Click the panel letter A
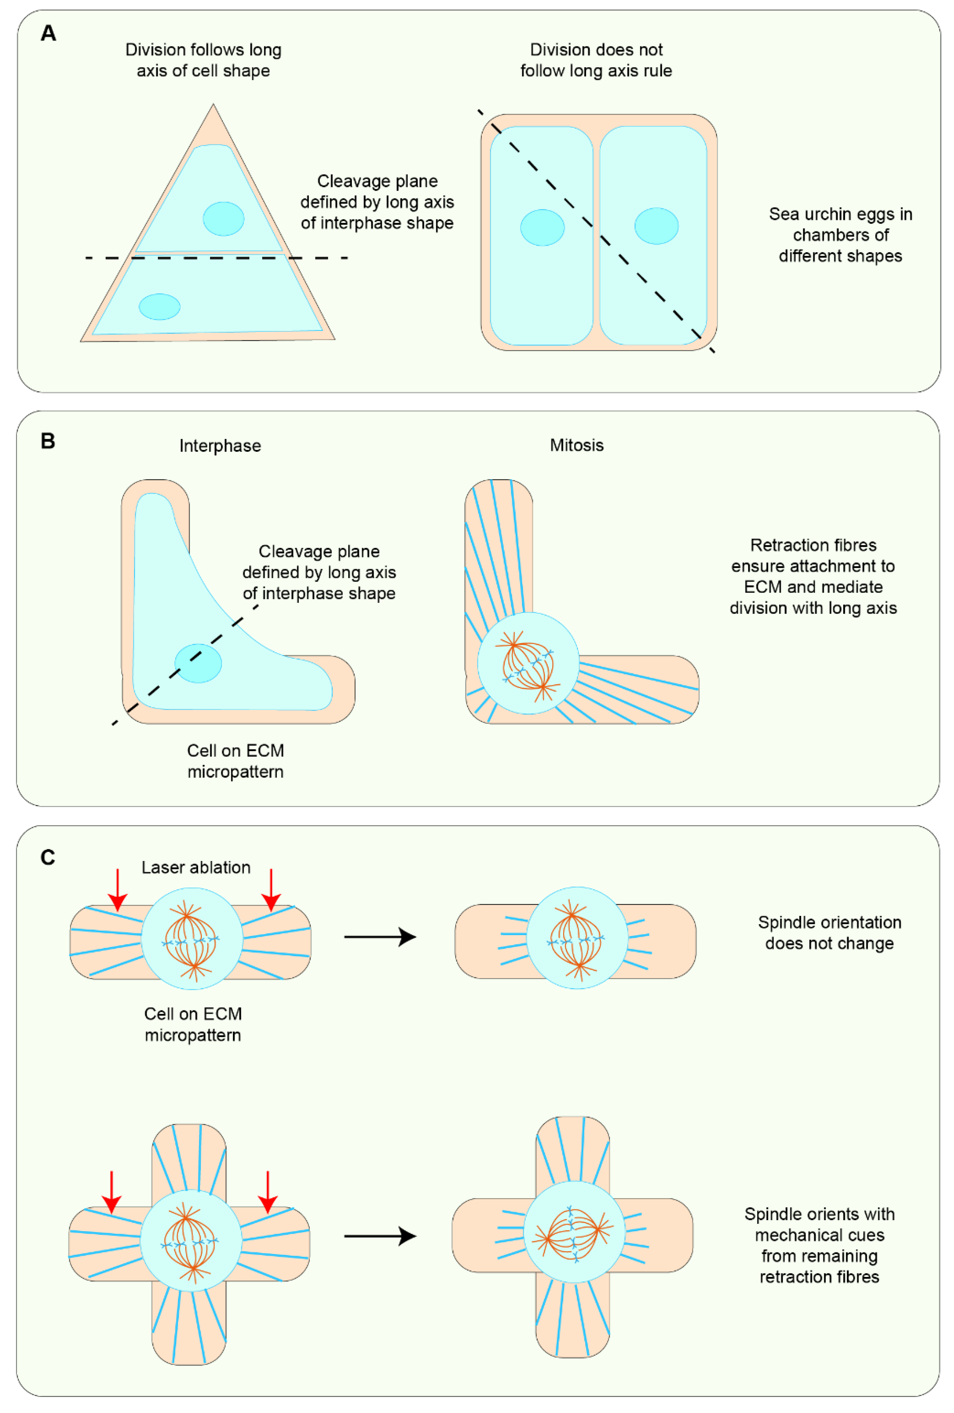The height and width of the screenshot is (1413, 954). (48, 33)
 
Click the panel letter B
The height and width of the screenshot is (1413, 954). (47, 441)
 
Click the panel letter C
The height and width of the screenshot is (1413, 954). (47, 858)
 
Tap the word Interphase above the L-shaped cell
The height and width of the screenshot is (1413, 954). (220, 446)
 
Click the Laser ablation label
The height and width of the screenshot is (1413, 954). (196, 868)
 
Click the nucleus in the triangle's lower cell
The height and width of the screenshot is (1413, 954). (159, 306)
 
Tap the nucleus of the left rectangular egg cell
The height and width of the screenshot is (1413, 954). (542, 228)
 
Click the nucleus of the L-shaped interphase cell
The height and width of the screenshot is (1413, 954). (198, 663)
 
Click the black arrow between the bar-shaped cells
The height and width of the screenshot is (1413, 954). (380, 937)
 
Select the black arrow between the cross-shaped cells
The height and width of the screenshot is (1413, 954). (380, 1236)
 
